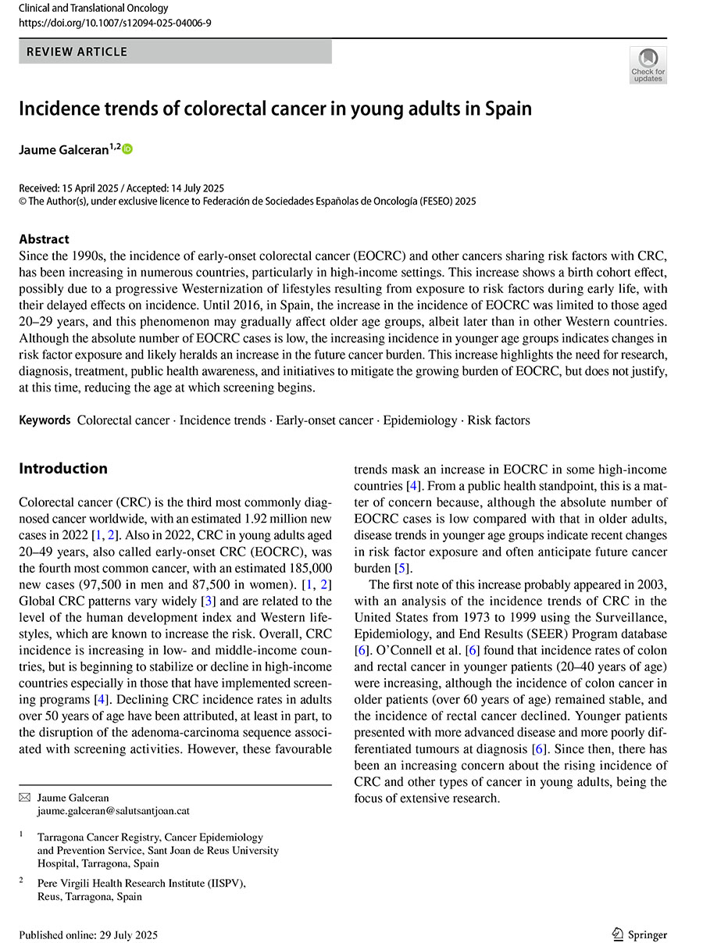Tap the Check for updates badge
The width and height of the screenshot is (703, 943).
(x=648, y=65)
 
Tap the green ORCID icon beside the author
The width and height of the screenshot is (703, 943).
(x=128, y=148)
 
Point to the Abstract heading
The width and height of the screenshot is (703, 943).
(x=44, y=239)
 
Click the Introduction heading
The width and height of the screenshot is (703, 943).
(x=63, y=469)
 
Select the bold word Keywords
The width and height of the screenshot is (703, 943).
(x=45, y=420)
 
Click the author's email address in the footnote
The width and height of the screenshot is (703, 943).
(x=113, y=811)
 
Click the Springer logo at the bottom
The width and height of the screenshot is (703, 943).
(x=639, y=934)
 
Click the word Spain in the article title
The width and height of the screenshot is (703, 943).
(x=507, y=109)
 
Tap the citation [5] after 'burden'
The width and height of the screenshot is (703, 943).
(x=401, y=568)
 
